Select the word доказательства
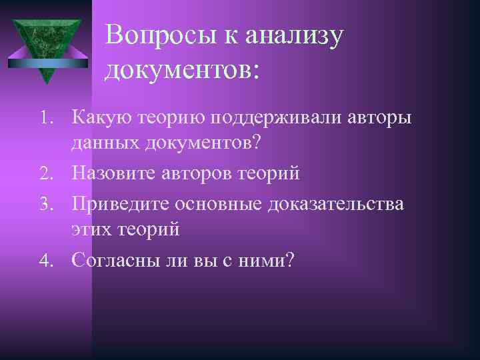[x=335, y=203]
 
